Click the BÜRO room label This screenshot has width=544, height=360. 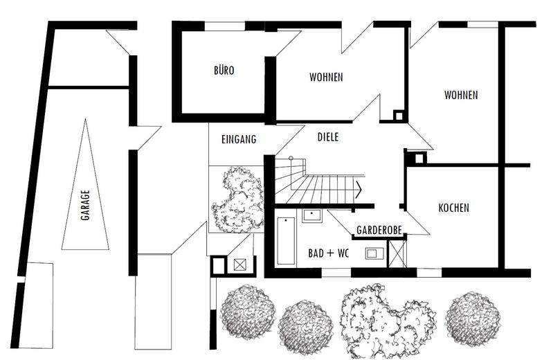coord(224,71)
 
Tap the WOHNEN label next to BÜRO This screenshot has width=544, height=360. coord(326,77)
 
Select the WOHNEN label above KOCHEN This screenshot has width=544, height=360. coord(461,95)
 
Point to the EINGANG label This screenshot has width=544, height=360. coord(239,139)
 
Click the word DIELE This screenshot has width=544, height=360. coord(328,137)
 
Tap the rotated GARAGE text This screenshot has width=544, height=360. coord(85,205)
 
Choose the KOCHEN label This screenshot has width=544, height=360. coord(454,208)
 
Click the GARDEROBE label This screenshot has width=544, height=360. coord(379,230)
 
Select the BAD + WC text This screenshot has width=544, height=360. coord(328,253)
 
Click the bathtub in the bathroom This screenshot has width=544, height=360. coord(287,240)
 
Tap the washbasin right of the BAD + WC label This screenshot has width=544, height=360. coord(374,253)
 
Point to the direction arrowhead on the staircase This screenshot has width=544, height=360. coord(359,190)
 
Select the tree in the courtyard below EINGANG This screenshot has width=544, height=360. coord(238,199)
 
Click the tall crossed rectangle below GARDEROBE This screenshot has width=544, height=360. coord(397,254)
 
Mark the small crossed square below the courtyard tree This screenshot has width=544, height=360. coord(239,265)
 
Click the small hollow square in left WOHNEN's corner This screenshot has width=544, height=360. coord(398,116)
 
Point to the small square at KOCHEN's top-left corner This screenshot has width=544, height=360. coord(419,159)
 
